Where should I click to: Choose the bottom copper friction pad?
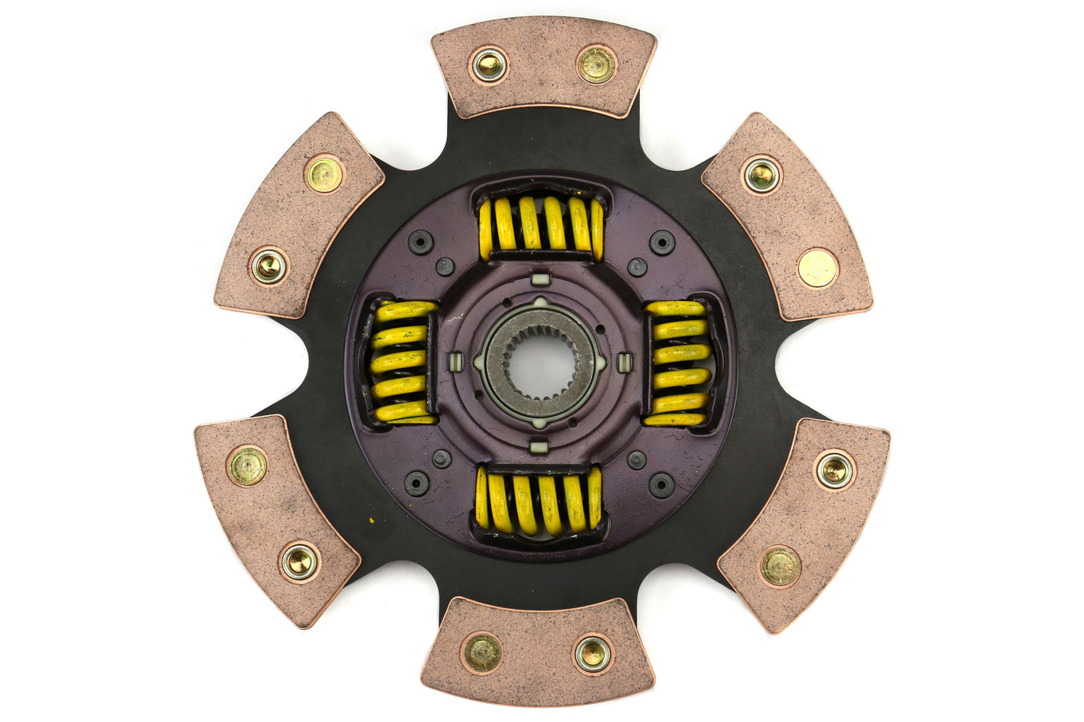pos(537,650)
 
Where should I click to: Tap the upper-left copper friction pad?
pos(299,216)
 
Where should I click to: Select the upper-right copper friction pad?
pos(786,216)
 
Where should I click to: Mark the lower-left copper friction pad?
pos(275,517)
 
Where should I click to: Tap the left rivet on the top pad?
pos(489,65)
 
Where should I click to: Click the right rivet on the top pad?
pos(596,64)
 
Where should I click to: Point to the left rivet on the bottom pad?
pos(482,653)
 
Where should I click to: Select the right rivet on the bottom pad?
pos(593,654)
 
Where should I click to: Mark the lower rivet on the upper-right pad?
pos(816,267)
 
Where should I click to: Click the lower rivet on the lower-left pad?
pos(299,561)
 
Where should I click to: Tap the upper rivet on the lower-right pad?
pos(834,470)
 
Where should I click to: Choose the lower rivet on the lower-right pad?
pos(780,565)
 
